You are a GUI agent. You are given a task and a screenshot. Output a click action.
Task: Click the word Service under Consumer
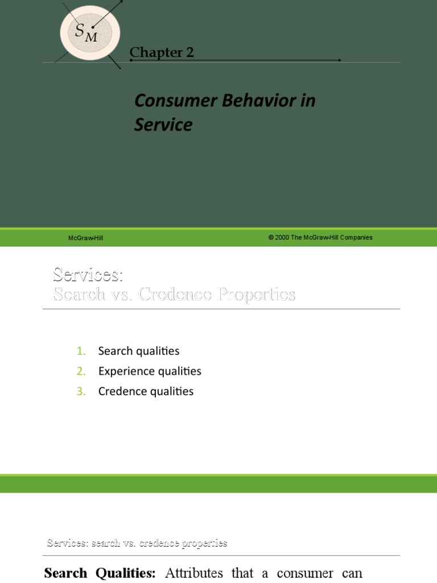163,125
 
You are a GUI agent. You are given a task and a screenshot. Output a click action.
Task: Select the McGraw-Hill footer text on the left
86,238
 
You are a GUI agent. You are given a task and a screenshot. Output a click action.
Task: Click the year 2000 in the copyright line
282,237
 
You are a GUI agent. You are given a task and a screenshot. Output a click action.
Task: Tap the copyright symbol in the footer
271,237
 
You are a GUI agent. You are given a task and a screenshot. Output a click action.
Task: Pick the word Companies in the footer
356,237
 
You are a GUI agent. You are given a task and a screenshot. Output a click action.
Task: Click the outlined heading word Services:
88,274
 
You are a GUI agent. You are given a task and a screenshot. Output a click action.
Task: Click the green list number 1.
81,351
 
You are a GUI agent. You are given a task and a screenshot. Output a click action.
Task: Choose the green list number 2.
81,371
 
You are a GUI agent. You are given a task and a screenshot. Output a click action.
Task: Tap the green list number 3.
81,392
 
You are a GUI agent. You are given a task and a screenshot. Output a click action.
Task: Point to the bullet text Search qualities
138,351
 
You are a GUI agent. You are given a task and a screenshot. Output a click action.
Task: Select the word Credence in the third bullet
121,392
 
